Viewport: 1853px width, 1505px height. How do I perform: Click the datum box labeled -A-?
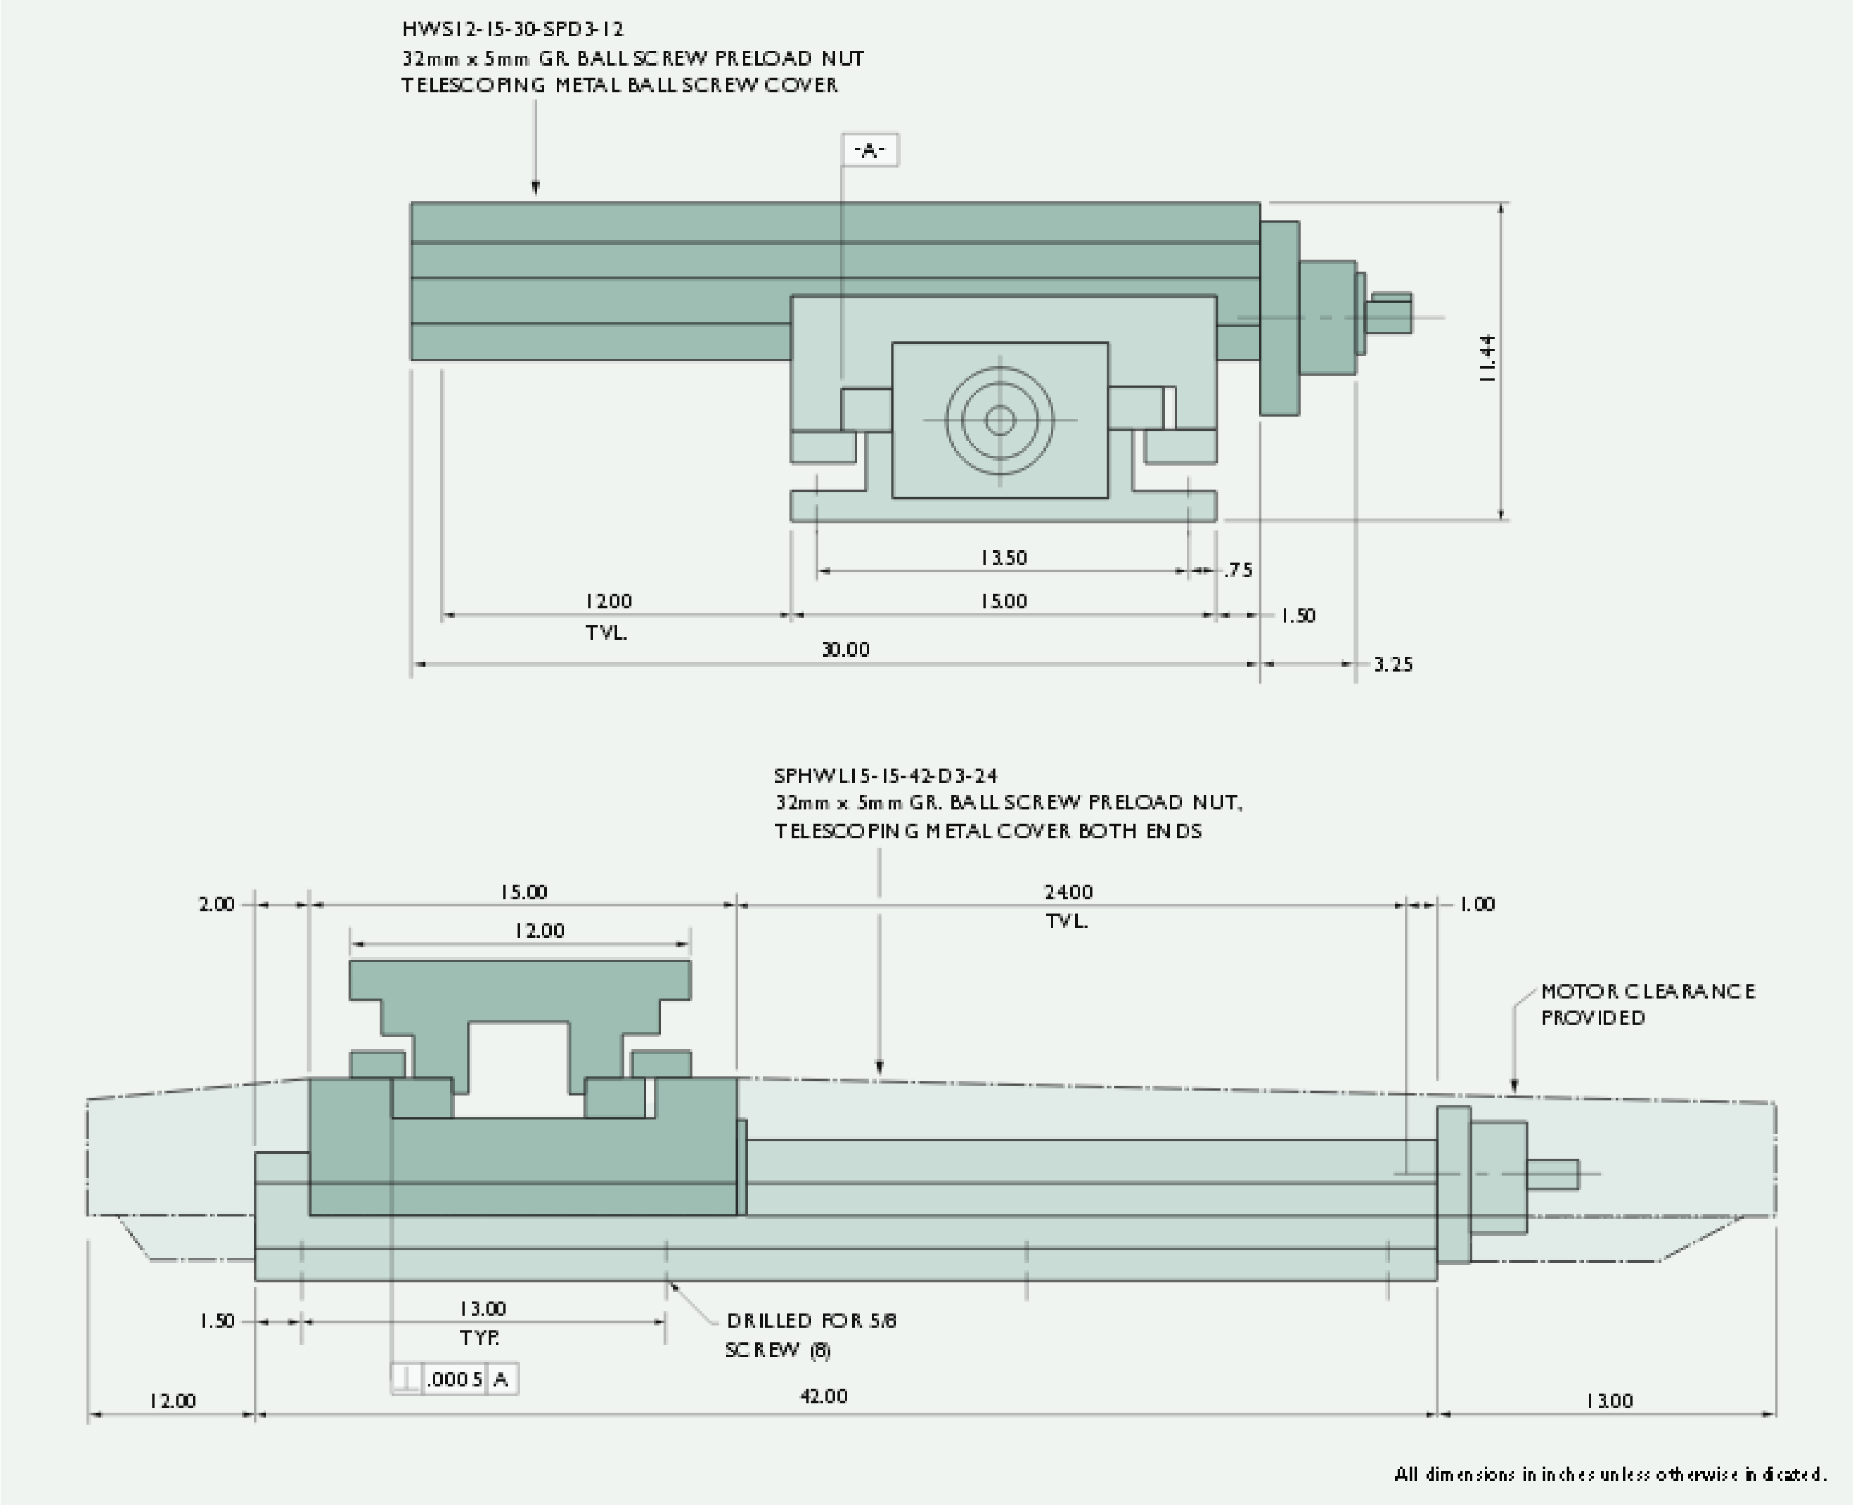(x=869, y=150)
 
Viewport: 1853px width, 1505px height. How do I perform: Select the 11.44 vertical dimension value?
(x=1487, y=359)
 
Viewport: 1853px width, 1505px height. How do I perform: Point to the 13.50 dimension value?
(x=1003, y=558)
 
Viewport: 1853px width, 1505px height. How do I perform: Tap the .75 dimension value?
(x=1239, y=570)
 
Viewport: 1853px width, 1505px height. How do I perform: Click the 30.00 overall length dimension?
(x=845, y=649)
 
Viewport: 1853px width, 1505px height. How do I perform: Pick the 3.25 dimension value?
(x=1393, y=664)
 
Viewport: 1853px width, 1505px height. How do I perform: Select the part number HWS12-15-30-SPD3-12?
(x=513, y=29)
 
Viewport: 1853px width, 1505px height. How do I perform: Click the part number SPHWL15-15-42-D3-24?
(x=885, y=775)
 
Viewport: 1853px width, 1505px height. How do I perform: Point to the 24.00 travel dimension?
(x=1068, y=892)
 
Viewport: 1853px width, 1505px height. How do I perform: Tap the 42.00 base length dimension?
(x=823, y=1396)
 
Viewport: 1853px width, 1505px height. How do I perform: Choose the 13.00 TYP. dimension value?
(x=482, y=1308)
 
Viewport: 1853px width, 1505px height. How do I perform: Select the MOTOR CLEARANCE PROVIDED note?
(x=1647, y=1004)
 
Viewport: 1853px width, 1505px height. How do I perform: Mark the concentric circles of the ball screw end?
(x=1000, y=421)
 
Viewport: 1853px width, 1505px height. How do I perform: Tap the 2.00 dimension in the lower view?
(x=217, y=904)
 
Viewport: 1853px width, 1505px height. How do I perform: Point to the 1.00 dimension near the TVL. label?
(x=1477, y=904)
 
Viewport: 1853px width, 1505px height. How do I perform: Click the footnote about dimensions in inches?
(x=1609, y=1474)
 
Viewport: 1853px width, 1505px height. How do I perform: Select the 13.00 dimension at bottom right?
(x=1609, y=1400)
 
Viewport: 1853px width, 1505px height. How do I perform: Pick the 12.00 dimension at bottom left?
(x=172, y=1400)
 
